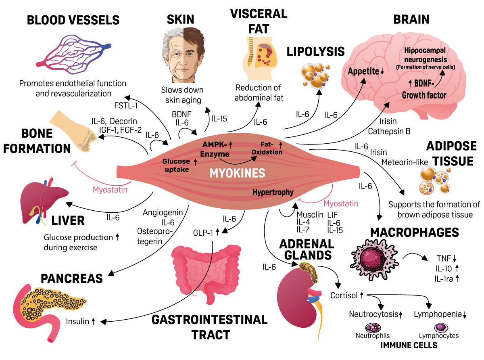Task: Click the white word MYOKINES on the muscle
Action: point(237,173)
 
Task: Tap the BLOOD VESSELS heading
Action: point(73,20)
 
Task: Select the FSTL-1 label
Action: point(126,105)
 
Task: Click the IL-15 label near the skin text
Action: point(219,119)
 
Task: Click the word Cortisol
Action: point(344,295)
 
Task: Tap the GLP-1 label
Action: point(203,233)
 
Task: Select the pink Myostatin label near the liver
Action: point(110,190)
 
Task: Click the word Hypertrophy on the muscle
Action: point(273,192)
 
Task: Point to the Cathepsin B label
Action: point(389,131)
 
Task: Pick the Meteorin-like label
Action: point(405,162)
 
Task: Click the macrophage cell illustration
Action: point(374,260)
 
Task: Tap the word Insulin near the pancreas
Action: point(77,321)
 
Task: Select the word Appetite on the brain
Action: point(363,71)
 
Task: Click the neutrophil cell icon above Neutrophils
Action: point(373,328)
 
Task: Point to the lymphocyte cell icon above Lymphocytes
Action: point(441,328)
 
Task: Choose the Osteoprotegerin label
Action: point(155,236)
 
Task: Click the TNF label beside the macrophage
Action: point(444,258)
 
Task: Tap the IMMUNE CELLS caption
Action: point(409,345)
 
